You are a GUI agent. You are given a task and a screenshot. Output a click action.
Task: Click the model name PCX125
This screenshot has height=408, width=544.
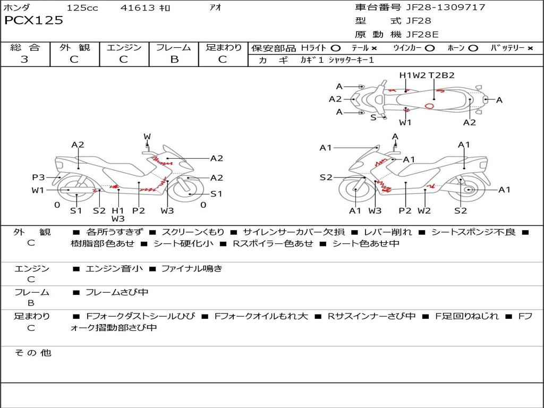click(x=33, y=21)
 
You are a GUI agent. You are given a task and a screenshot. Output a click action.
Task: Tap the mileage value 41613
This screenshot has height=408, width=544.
click(x=138, y=8)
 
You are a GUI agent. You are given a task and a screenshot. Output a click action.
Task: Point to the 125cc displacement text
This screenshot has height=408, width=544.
click(x=82, y=8)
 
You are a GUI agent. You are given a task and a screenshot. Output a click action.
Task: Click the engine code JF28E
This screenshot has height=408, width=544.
click(x=422, y=35)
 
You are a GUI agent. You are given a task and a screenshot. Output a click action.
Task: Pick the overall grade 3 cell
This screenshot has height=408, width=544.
click(x=24, y=59)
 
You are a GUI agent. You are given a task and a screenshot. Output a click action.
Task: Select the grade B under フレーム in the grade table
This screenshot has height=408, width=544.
click(x=174, y=59)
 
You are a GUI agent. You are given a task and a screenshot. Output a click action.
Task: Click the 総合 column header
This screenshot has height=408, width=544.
click(x=24, y=48)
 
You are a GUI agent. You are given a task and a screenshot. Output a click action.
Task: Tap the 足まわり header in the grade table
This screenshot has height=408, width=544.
click(x=224, y=48)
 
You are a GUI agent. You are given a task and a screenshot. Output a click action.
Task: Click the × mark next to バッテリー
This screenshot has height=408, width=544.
click(x=530, y=48)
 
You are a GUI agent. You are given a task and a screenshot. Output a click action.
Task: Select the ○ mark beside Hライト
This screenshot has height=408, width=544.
click(x=336, y=48)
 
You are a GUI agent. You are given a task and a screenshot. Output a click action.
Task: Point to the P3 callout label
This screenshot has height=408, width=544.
click(x=38, y=177)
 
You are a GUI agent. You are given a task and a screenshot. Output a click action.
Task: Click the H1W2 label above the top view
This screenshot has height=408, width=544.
click(x=413, y=75)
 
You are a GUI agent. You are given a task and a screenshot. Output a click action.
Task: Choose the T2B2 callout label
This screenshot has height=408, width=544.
click(x=441, y=75)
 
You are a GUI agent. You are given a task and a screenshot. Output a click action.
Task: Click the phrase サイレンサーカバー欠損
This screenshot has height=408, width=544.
click(x=294, y=232)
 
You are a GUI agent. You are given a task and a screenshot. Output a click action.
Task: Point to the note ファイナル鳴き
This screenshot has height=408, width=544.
click(x=192, y=269)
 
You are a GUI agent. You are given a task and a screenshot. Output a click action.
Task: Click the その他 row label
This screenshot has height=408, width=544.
click(x=32, y=353)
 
